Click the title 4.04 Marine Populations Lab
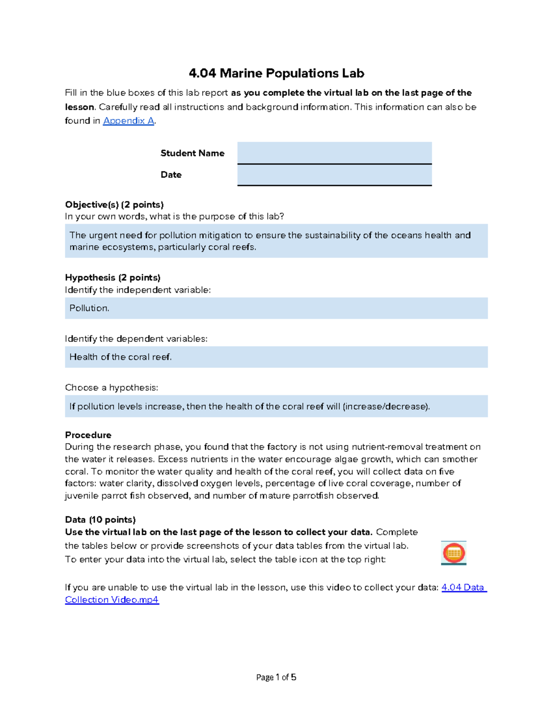(x=276, y=73)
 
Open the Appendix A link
(x=128, y=121)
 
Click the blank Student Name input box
(x=334, y=153)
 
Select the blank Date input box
(x=334, y=175)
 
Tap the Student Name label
(x=192, y=153)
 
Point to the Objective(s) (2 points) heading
(x=114, y=204)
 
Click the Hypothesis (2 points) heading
(x=112, y=278)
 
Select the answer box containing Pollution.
(x=276, y=308)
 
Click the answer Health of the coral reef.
(x=121, y=357)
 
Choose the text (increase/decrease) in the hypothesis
(x=386, y=406)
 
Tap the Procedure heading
(x=88, y=435)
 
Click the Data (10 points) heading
(x=100, y=520)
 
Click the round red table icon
(x=453, y=553)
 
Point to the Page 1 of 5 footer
(x=276, y=677)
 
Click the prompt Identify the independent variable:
(x=138, y=290)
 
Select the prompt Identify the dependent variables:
(x=136, y=339)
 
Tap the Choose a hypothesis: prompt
(x=112, y=388)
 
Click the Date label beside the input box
(x=171, y=175)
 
